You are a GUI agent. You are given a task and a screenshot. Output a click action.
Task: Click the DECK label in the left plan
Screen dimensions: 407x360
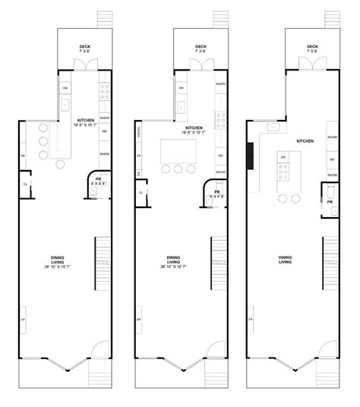coord(84,46)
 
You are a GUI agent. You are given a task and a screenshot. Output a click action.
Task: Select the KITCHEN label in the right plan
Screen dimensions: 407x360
coord(305,142)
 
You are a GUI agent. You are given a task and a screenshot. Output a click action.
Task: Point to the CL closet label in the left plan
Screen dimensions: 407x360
coord(26,183)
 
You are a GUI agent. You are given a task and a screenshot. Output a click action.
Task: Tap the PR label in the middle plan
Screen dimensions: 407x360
coord(216,192)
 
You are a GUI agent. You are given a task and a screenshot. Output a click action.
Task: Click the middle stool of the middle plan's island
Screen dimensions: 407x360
coord(179,169)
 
